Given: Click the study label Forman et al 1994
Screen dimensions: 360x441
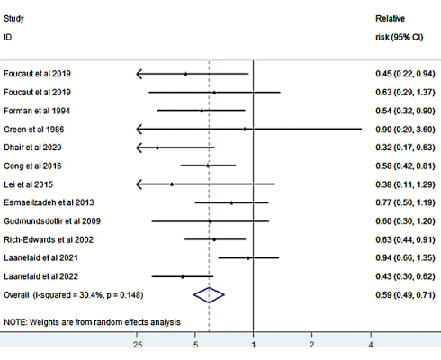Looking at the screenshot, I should pyautogui.click(x=37, y=111).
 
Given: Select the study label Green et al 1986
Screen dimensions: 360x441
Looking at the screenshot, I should pyautogui.click(x=33, y=129).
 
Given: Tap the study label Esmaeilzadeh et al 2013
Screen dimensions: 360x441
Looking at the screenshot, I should pyautogui.click(x=47, y=202).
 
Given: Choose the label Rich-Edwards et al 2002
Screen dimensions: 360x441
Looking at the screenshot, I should pyautogui.click(x=47, y=239).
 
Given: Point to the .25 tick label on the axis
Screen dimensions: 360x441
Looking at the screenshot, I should pyautogui.click(x=137, y=344).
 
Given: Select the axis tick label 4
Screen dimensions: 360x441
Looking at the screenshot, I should pyautogui.click(x=371, y=344).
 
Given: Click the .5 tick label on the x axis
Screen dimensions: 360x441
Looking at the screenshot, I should pyautogui.click(x=194, y=344).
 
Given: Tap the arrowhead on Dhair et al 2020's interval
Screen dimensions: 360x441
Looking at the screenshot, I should pyautogui.click(x=140, y=148).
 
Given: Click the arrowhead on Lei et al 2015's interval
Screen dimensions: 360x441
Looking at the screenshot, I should pyautogui.click(x=140, y=184).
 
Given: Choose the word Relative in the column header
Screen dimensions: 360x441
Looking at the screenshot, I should pyautogui.click(x=391, y=18).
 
